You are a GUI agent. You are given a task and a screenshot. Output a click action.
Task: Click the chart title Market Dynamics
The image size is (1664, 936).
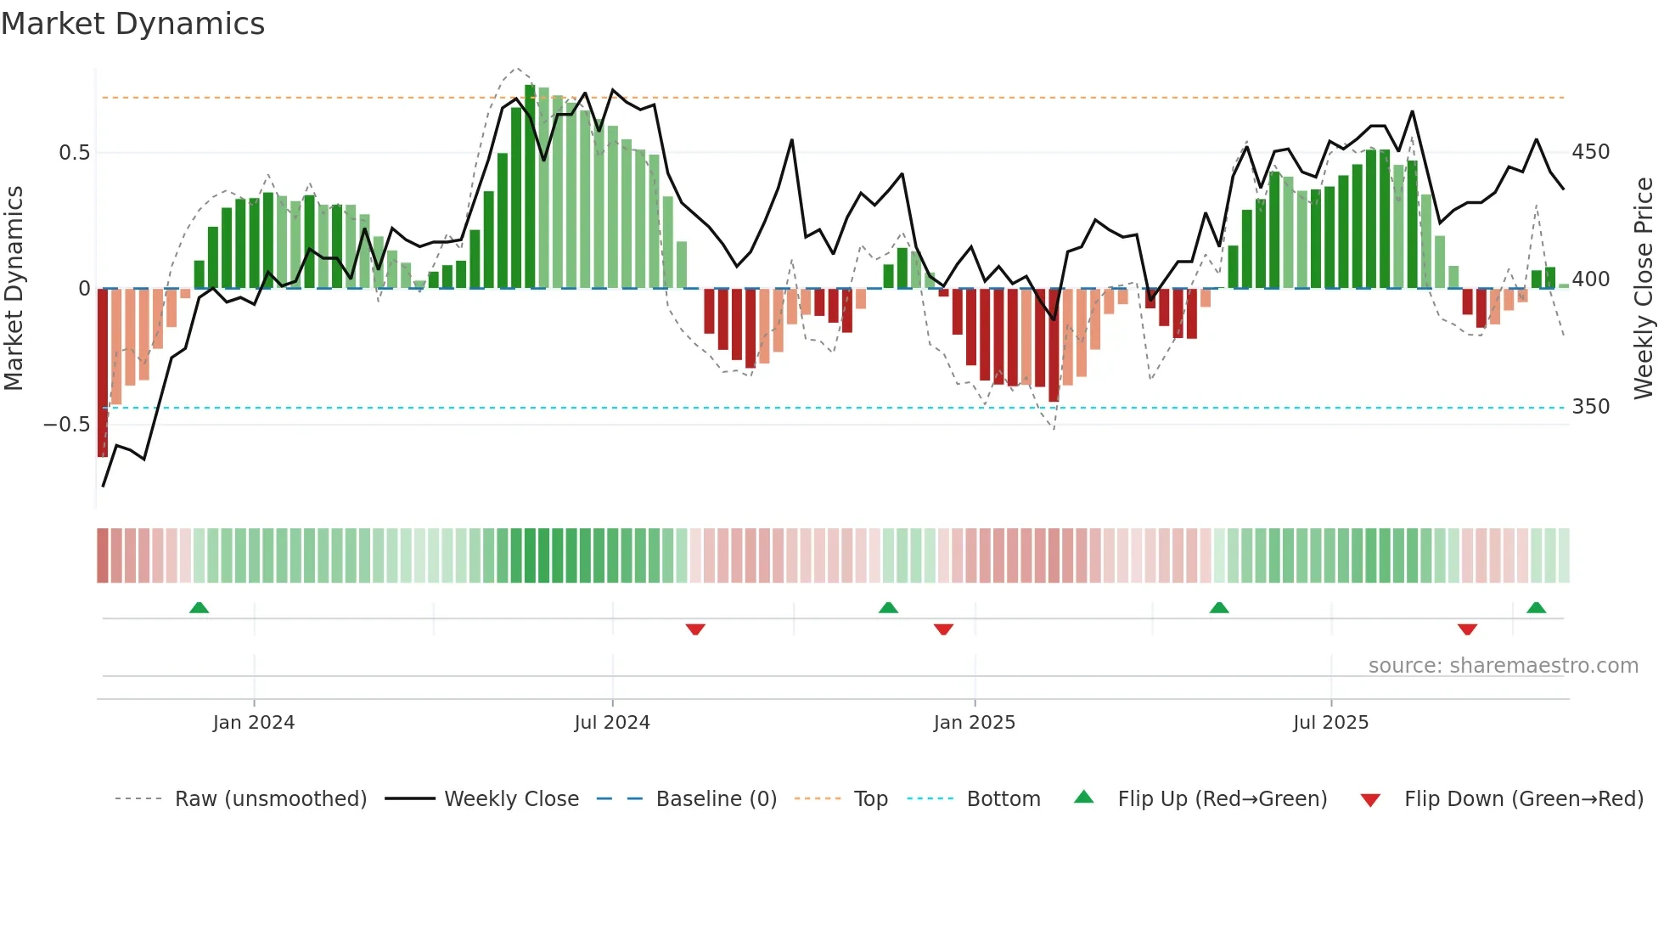pyautogui.click(x=132, y=24)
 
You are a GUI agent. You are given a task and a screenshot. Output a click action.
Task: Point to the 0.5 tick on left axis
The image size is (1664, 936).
pyautogui.click(x=74, y=153)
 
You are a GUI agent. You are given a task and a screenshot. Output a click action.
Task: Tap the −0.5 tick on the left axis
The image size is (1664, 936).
pyautogui.click(x=67, y=424)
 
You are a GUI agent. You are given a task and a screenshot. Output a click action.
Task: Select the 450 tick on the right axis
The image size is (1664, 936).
pyautogui.click(x=1590, y=152)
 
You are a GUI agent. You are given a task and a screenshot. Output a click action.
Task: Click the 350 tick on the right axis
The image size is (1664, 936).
pyautogui.click(x=1590, y=407)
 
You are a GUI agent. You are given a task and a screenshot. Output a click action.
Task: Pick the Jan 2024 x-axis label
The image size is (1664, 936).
pyautogui.click(x=253, y=723)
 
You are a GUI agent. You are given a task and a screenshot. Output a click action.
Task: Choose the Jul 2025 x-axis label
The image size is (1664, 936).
pyautogui.click(x=1330, y=723)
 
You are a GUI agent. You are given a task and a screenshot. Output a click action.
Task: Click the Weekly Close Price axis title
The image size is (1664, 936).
pyautogui.click(x=1644, y=288)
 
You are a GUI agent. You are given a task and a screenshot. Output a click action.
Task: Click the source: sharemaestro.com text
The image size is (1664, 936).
pyautogui.click(x=1503, y=666)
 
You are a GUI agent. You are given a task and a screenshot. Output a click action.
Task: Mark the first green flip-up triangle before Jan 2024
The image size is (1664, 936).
pyautogui.click(x=199, y=607)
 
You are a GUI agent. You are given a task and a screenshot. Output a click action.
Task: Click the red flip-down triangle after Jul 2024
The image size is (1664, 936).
pyautogui.click(x=695, y=629)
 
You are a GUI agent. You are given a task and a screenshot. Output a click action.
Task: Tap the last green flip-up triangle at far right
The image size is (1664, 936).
pyautogui.click(x=1536, y=607)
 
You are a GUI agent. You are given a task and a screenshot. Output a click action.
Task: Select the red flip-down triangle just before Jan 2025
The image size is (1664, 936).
pyautogui.click(x=943, y=629)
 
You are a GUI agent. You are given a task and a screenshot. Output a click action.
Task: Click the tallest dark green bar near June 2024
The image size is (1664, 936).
pyautogui.click(x=530, y=187)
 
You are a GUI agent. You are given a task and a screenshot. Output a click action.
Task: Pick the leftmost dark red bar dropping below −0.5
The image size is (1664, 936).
pyautogui.click(x=103, y=374)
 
